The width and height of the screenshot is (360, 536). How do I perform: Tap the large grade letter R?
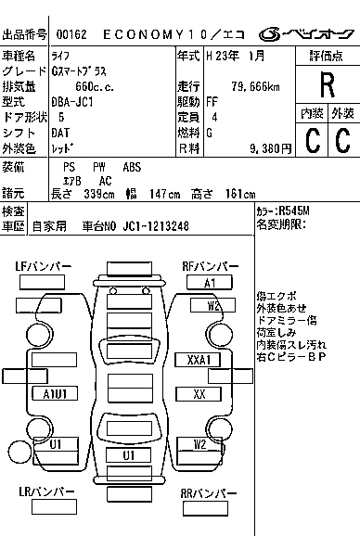tap(326, 85)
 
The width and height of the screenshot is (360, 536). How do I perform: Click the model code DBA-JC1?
tap(74, 102)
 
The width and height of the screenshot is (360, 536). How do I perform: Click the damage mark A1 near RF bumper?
tap(211, 282)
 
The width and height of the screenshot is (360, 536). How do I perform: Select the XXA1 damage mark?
tap(198, 359)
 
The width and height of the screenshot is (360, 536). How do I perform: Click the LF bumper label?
tap(44, 266)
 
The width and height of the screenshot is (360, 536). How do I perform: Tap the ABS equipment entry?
tap(133, 166)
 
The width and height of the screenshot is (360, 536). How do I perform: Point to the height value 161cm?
tap(239, 193)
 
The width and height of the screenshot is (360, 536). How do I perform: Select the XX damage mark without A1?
tap(199, 393)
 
